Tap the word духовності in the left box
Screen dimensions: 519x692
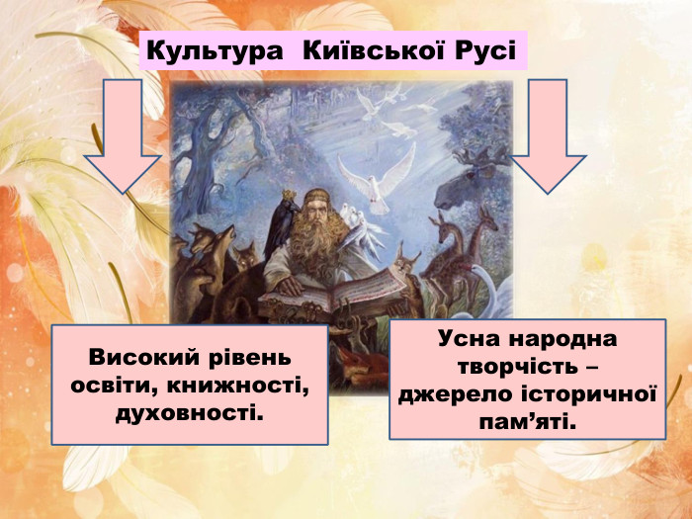click(x=190, y=408)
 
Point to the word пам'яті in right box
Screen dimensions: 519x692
click(x=528, y=420)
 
